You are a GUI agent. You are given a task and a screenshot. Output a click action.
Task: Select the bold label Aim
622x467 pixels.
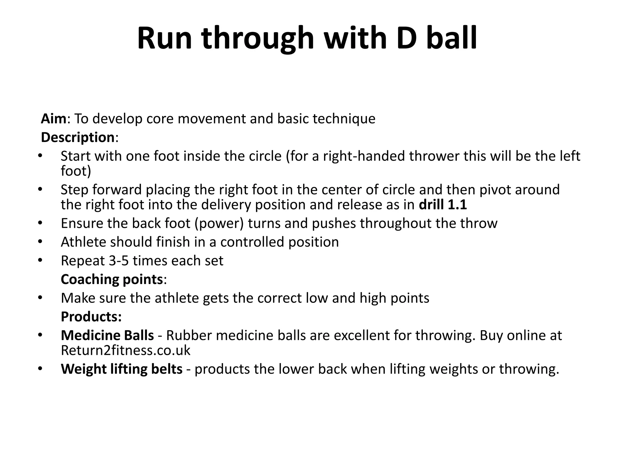coord(53,119)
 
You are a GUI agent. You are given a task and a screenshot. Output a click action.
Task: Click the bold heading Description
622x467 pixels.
coord(77,137)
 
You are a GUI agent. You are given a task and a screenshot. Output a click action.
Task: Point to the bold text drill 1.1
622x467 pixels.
coord(443,205)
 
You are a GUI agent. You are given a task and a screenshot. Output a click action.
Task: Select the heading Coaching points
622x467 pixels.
coord(112,279)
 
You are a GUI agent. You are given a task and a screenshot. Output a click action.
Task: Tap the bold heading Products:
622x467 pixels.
coord(91,317)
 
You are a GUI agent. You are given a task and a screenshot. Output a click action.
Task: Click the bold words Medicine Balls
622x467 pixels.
coord(107,335)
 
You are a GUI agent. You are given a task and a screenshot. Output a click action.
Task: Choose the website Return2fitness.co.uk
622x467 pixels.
coord(125,351)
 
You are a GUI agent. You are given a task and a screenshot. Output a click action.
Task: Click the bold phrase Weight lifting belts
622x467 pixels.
coord(121,369)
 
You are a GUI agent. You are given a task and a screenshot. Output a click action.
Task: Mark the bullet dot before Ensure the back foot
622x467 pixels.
coord(40,223)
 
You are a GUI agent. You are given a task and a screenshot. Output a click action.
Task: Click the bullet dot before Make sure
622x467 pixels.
coord(40,298)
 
